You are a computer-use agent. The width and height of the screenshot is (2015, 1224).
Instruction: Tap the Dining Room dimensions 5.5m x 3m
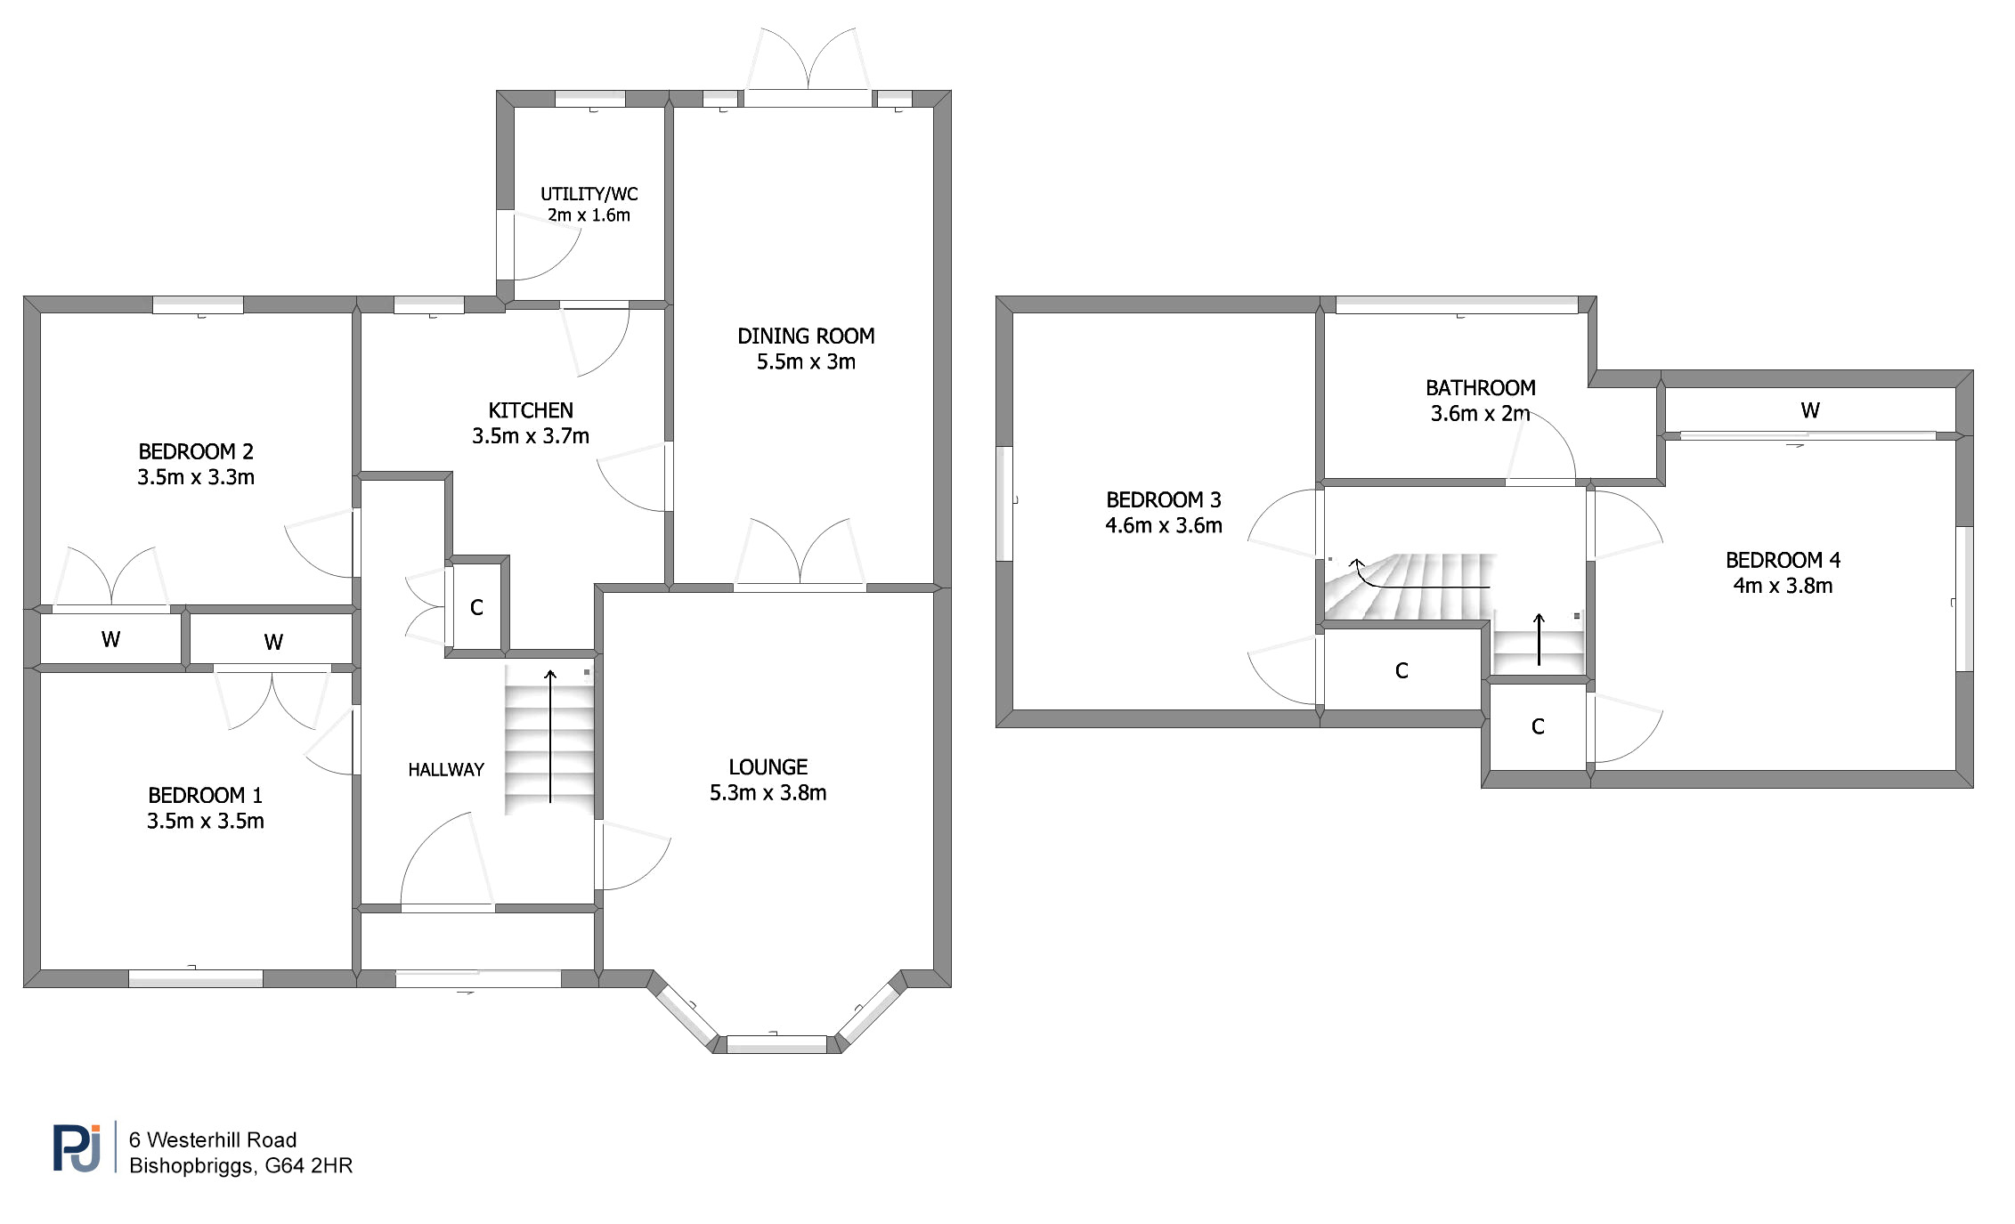[806, 361]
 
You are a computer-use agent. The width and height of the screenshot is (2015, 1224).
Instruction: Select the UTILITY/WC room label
[589, 194]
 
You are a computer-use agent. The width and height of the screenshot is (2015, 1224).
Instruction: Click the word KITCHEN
[531, 410]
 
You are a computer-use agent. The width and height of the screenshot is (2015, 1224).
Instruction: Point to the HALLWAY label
[446, 770]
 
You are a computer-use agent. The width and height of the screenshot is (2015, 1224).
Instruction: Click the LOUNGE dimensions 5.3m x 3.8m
[768, 792]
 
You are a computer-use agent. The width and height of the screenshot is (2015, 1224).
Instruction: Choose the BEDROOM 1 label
[206, 795]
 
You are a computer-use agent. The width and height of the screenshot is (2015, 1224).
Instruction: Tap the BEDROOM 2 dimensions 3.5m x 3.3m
[196, 477]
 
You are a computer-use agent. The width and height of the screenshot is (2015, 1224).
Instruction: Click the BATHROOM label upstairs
[1481, 388]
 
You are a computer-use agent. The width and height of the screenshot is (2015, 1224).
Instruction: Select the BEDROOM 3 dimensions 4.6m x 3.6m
[1164, 525]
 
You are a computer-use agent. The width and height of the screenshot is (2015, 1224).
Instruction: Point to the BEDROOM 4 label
[1783, 560]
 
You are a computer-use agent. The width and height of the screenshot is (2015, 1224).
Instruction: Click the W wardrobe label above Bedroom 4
[1810, 410]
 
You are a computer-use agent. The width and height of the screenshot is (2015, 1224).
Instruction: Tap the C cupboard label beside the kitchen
[476, 607]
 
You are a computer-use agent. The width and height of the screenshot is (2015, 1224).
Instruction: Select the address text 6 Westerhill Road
[213, 1139]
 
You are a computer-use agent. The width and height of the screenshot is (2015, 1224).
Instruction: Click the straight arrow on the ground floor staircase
[550, 736]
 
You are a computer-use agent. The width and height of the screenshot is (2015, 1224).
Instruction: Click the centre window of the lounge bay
[776, 1044]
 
